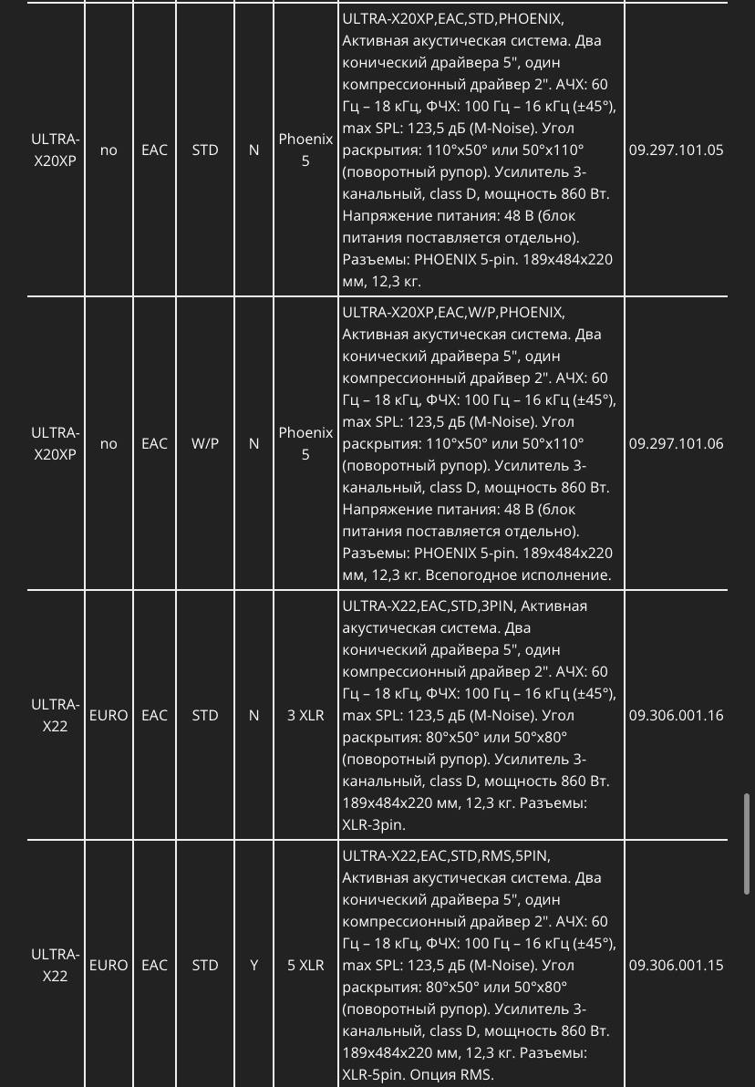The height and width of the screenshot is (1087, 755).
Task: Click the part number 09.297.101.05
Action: (676, 150)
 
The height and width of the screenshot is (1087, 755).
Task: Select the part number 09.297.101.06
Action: (676, 444)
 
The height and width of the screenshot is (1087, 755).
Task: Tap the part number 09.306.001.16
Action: (676, 716)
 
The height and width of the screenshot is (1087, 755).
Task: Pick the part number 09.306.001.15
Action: (676, 965)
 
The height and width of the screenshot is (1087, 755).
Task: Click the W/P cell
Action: (205, 444)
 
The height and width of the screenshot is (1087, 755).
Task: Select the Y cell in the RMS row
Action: (254, 965)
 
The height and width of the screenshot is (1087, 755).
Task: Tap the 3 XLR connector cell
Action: (305, 716)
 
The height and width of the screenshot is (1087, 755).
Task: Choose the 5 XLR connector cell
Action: (305, 965)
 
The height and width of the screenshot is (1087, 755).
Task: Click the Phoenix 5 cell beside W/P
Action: (305, 444)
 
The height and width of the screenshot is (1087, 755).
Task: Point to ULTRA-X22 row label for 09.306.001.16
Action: (55, 716)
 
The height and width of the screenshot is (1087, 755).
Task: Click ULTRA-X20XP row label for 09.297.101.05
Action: (55, 150)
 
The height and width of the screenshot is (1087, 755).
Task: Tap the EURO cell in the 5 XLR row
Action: (109, 965)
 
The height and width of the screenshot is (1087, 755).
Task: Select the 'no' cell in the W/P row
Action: (109, 444)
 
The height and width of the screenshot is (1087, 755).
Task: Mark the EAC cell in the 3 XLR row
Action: (154, 716)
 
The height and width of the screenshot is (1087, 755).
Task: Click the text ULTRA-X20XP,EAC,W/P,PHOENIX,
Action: (453, 312)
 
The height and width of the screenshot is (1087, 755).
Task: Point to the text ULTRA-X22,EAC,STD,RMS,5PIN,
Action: (446, 856)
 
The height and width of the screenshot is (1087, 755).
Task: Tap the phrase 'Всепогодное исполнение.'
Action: (529, 575)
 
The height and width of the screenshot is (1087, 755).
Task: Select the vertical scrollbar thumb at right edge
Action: (748, 844)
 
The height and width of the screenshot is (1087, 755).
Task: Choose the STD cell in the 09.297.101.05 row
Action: (205, 150)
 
